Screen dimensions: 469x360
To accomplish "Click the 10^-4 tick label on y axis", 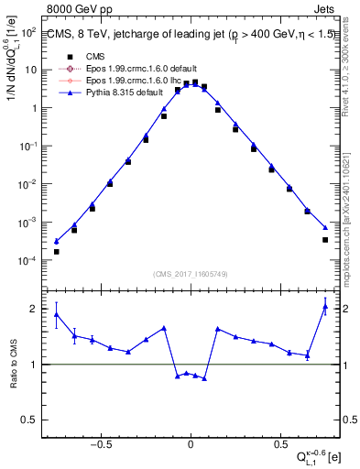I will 27,261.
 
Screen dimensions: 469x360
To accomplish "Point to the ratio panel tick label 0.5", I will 30,420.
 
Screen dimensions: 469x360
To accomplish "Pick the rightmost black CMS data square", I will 325,240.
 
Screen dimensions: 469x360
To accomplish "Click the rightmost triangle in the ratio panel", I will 325,307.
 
